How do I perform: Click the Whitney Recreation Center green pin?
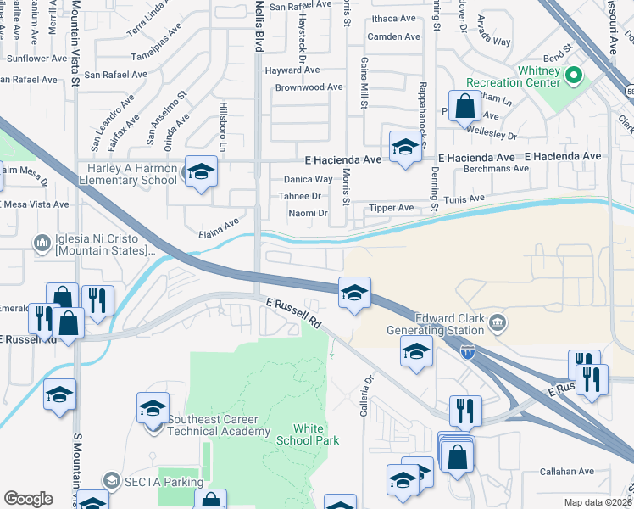572,76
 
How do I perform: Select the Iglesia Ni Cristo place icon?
42,244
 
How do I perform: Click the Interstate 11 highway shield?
467,350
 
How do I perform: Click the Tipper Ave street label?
390,208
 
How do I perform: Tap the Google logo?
28,499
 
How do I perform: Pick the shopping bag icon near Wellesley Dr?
464,107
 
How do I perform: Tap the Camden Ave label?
394,37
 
